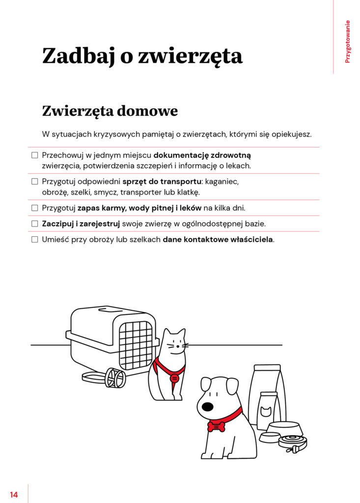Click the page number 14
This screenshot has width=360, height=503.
14,495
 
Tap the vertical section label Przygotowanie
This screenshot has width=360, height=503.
348,41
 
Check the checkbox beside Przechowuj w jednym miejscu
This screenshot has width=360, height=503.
35,155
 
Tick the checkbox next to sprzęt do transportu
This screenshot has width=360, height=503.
35,182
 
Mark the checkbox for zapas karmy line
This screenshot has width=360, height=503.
35,208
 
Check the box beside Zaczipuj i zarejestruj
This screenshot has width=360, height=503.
35,224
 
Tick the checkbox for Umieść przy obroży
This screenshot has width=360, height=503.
35,240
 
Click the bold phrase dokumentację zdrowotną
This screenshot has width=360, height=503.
205,155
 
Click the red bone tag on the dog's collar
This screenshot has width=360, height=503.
216,425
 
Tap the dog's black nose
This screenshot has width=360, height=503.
208,407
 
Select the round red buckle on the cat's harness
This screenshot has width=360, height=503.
174,378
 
